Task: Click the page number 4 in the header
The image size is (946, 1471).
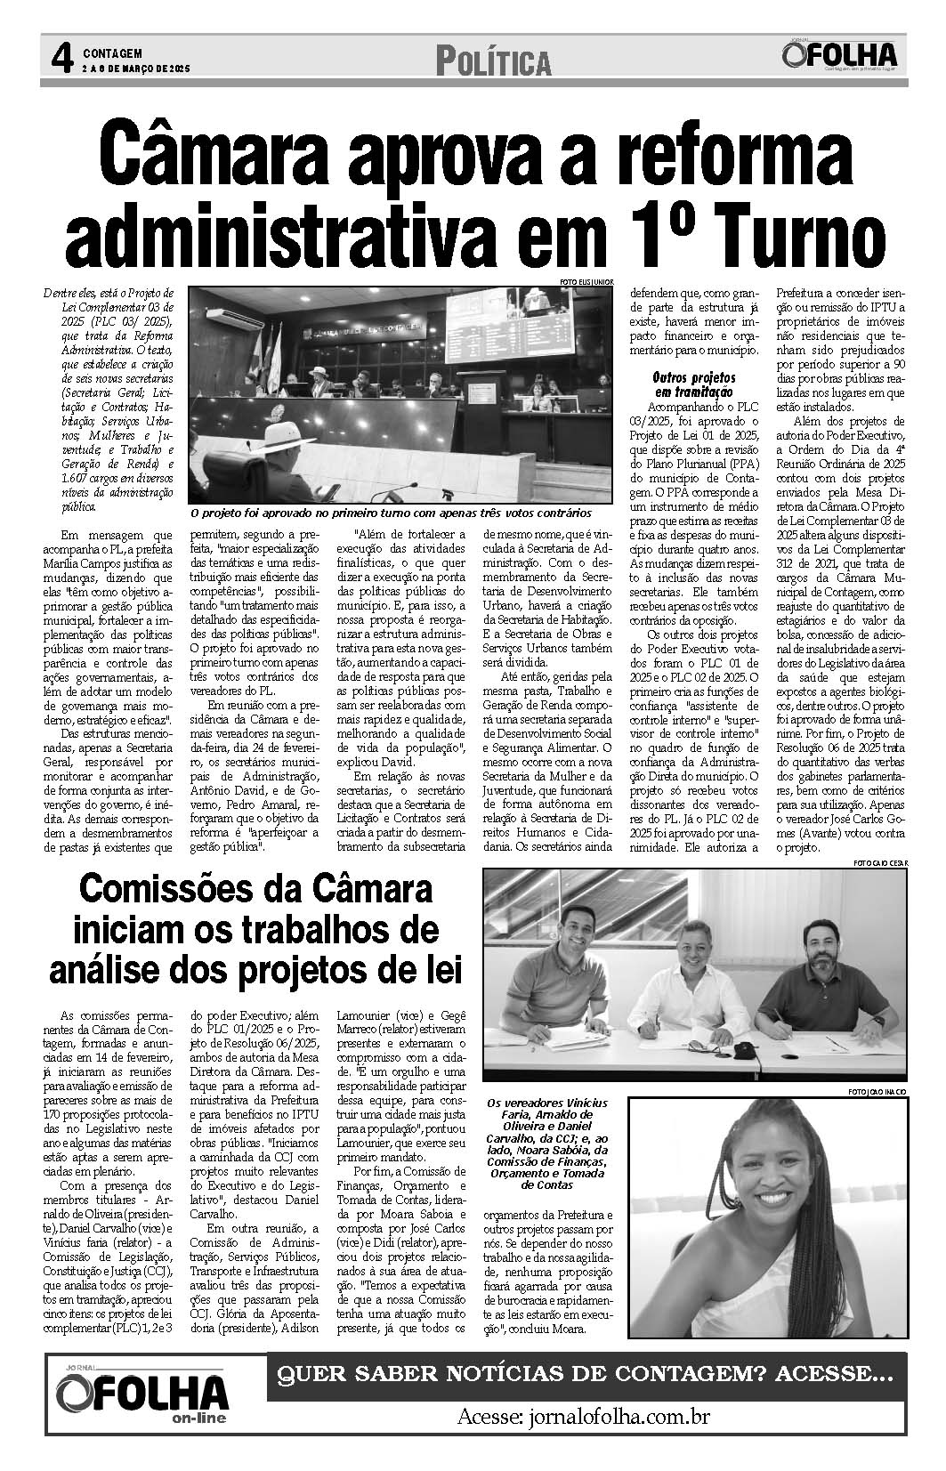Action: point(61,59)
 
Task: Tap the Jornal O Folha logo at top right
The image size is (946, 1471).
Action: point(839,54)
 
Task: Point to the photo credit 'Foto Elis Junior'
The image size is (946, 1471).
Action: point(586,282)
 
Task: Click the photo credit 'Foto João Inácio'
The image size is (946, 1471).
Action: point(877,1091)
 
